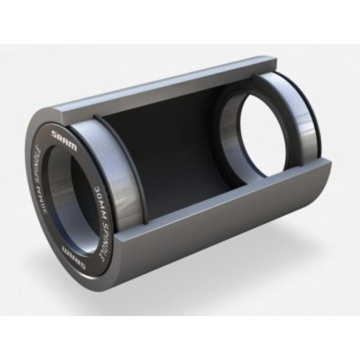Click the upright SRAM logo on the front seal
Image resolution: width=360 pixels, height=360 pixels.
pos(64,136)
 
